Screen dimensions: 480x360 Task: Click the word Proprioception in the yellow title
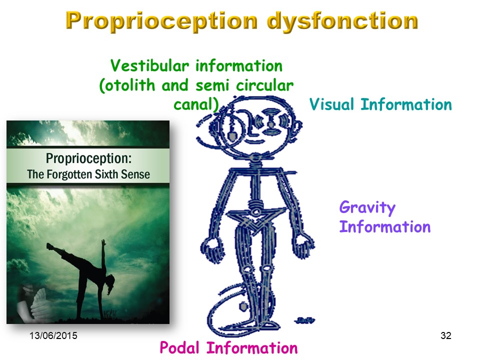[161, 21]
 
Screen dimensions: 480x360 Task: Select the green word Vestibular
[149, 65]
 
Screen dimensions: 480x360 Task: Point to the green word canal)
[196, 104]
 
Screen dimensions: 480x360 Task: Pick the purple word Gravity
[367, 208]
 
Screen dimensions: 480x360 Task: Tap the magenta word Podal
[179, 348]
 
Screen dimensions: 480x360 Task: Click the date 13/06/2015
[53, 335]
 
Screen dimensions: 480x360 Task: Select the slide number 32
[446, 335]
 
